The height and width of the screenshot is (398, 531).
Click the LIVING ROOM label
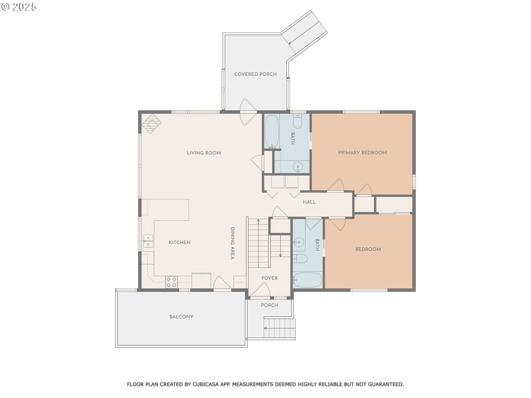[204, 153]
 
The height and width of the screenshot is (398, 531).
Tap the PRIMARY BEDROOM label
[362, 153]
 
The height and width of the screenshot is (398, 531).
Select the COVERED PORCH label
[255, 74]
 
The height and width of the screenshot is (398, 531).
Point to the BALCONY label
[181, 317]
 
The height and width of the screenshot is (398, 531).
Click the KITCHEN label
[180, 242]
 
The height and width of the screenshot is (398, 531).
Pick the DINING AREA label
[233, 243]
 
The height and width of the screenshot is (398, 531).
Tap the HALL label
[309, 202]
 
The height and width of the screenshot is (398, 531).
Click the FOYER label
[269, 278]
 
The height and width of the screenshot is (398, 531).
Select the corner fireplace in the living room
[151, 123]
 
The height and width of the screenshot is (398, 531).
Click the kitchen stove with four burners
[171, 282]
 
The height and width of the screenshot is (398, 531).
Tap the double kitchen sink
[148, 241]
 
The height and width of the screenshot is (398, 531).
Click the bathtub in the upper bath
[272, 132]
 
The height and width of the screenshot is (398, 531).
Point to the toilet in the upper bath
[297, 121]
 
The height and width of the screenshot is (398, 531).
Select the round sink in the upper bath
[298, 167]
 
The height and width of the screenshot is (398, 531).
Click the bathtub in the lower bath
[307, 280]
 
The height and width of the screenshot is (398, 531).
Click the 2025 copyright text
[19, 7]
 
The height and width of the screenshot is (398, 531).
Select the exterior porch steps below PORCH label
[279, 328]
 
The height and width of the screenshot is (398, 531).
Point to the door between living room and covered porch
[248, 112]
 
